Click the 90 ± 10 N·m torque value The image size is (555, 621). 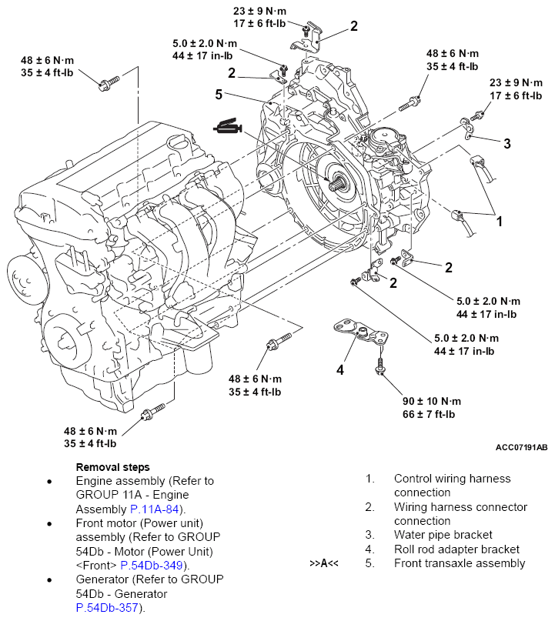431,401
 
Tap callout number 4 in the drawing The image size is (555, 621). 339,370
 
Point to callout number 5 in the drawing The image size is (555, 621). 219,95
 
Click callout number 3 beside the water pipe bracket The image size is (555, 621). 507,143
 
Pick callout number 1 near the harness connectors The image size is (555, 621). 499,222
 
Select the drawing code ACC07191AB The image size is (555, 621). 521,446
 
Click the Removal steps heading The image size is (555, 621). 112,466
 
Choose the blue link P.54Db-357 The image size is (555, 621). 108,607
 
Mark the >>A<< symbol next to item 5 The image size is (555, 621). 324,563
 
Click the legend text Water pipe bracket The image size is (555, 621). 443,535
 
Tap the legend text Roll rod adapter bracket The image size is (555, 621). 456,549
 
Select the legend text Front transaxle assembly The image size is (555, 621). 460,563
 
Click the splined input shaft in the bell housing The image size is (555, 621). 336,182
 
